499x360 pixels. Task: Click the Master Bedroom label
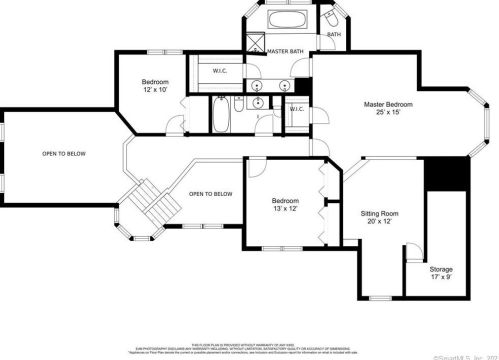pos(387,104)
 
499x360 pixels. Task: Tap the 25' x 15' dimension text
pos(387,113)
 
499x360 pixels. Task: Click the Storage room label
pos(441,269)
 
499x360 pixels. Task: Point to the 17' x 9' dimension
pos(441,278)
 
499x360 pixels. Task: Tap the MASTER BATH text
pos(285,51)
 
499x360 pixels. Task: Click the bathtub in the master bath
pos(277,22)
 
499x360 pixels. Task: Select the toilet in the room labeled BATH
pos(329,19)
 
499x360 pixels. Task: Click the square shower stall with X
pos(256,44)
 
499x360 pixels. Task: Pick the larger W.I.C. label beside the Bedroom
pos(221,70)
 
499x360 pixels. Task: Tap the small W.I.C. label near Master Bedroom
pos(297,110)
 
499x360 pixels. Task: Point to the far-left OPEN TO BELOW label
pos(63,154)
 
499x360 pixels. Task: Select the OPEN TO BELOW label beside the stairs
pos(211,194)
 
